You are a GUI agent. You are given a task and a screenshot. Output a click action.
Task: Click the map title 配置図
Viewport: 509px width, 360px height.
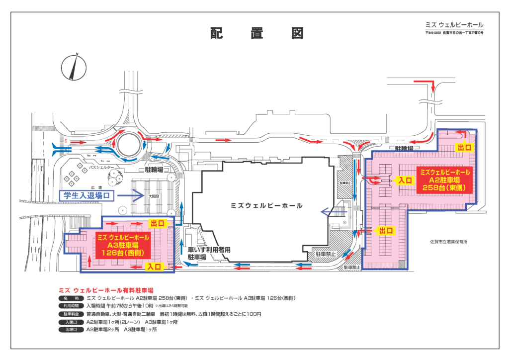coord(256,33)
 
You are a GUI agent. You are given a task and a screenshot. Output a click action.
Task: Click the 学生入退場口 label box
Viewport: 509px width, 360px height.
coord(87,196)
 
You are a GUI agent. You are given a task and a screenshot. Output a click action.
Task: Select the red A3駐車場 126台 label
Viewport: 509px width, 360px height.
coord(122,245)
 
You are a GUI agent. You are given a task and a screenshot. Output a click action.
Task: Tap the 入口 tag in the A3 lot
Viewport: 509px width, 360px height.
coord(153,267)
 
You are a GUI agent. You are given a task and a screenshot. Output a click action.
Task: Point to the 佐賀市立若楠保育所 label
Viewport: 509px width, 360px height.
coord(451,241)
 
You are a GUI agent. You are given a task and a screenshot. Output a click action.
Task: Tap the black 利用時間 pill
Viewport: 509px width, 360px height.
coord(70,306)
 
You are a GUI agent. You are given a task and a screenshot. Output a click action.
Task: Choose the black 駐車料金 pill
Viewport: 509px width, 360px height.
coord(70,314)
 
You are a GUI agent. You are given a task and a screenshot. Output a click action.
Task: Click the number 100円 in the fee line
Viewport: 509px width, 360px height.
coord(253,314)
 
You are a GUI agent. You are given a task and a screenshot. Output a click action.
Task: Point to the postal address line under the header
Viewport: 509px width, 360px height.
coord(454,33)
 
